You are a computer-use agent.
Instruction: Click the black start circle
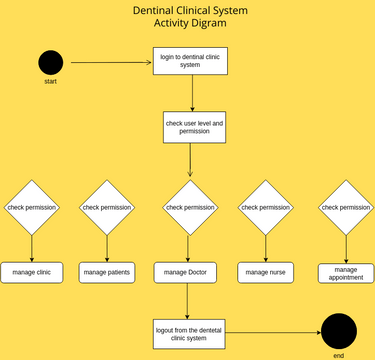pos(51,62)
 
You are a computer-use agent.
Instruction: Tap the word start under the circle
pos(51,82)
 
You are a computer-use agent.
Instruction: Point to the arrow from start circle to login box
pos(111,62)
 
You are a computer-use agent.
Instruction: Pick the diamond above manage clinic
pos(32,207)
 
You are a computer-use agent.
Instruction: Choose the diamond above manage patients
pos(107,207)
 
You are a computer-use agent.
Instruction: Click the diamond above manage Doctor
pos(190,207)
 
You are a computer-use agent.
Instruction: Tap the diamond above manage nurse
pos(265,207)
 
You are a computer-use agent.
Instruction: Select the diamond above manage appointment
pos(346,207)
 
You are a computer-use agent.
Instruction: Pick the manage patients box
pos(107,272)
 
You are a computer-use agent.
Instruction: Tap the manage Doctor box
pos(186,272)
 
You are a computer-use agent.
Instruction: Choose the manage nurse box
pos(265,272)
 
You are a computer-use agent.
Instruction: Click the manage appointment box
pos(346,272)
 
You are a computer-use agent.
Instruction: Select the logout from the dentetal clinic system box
pos(187,333)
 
